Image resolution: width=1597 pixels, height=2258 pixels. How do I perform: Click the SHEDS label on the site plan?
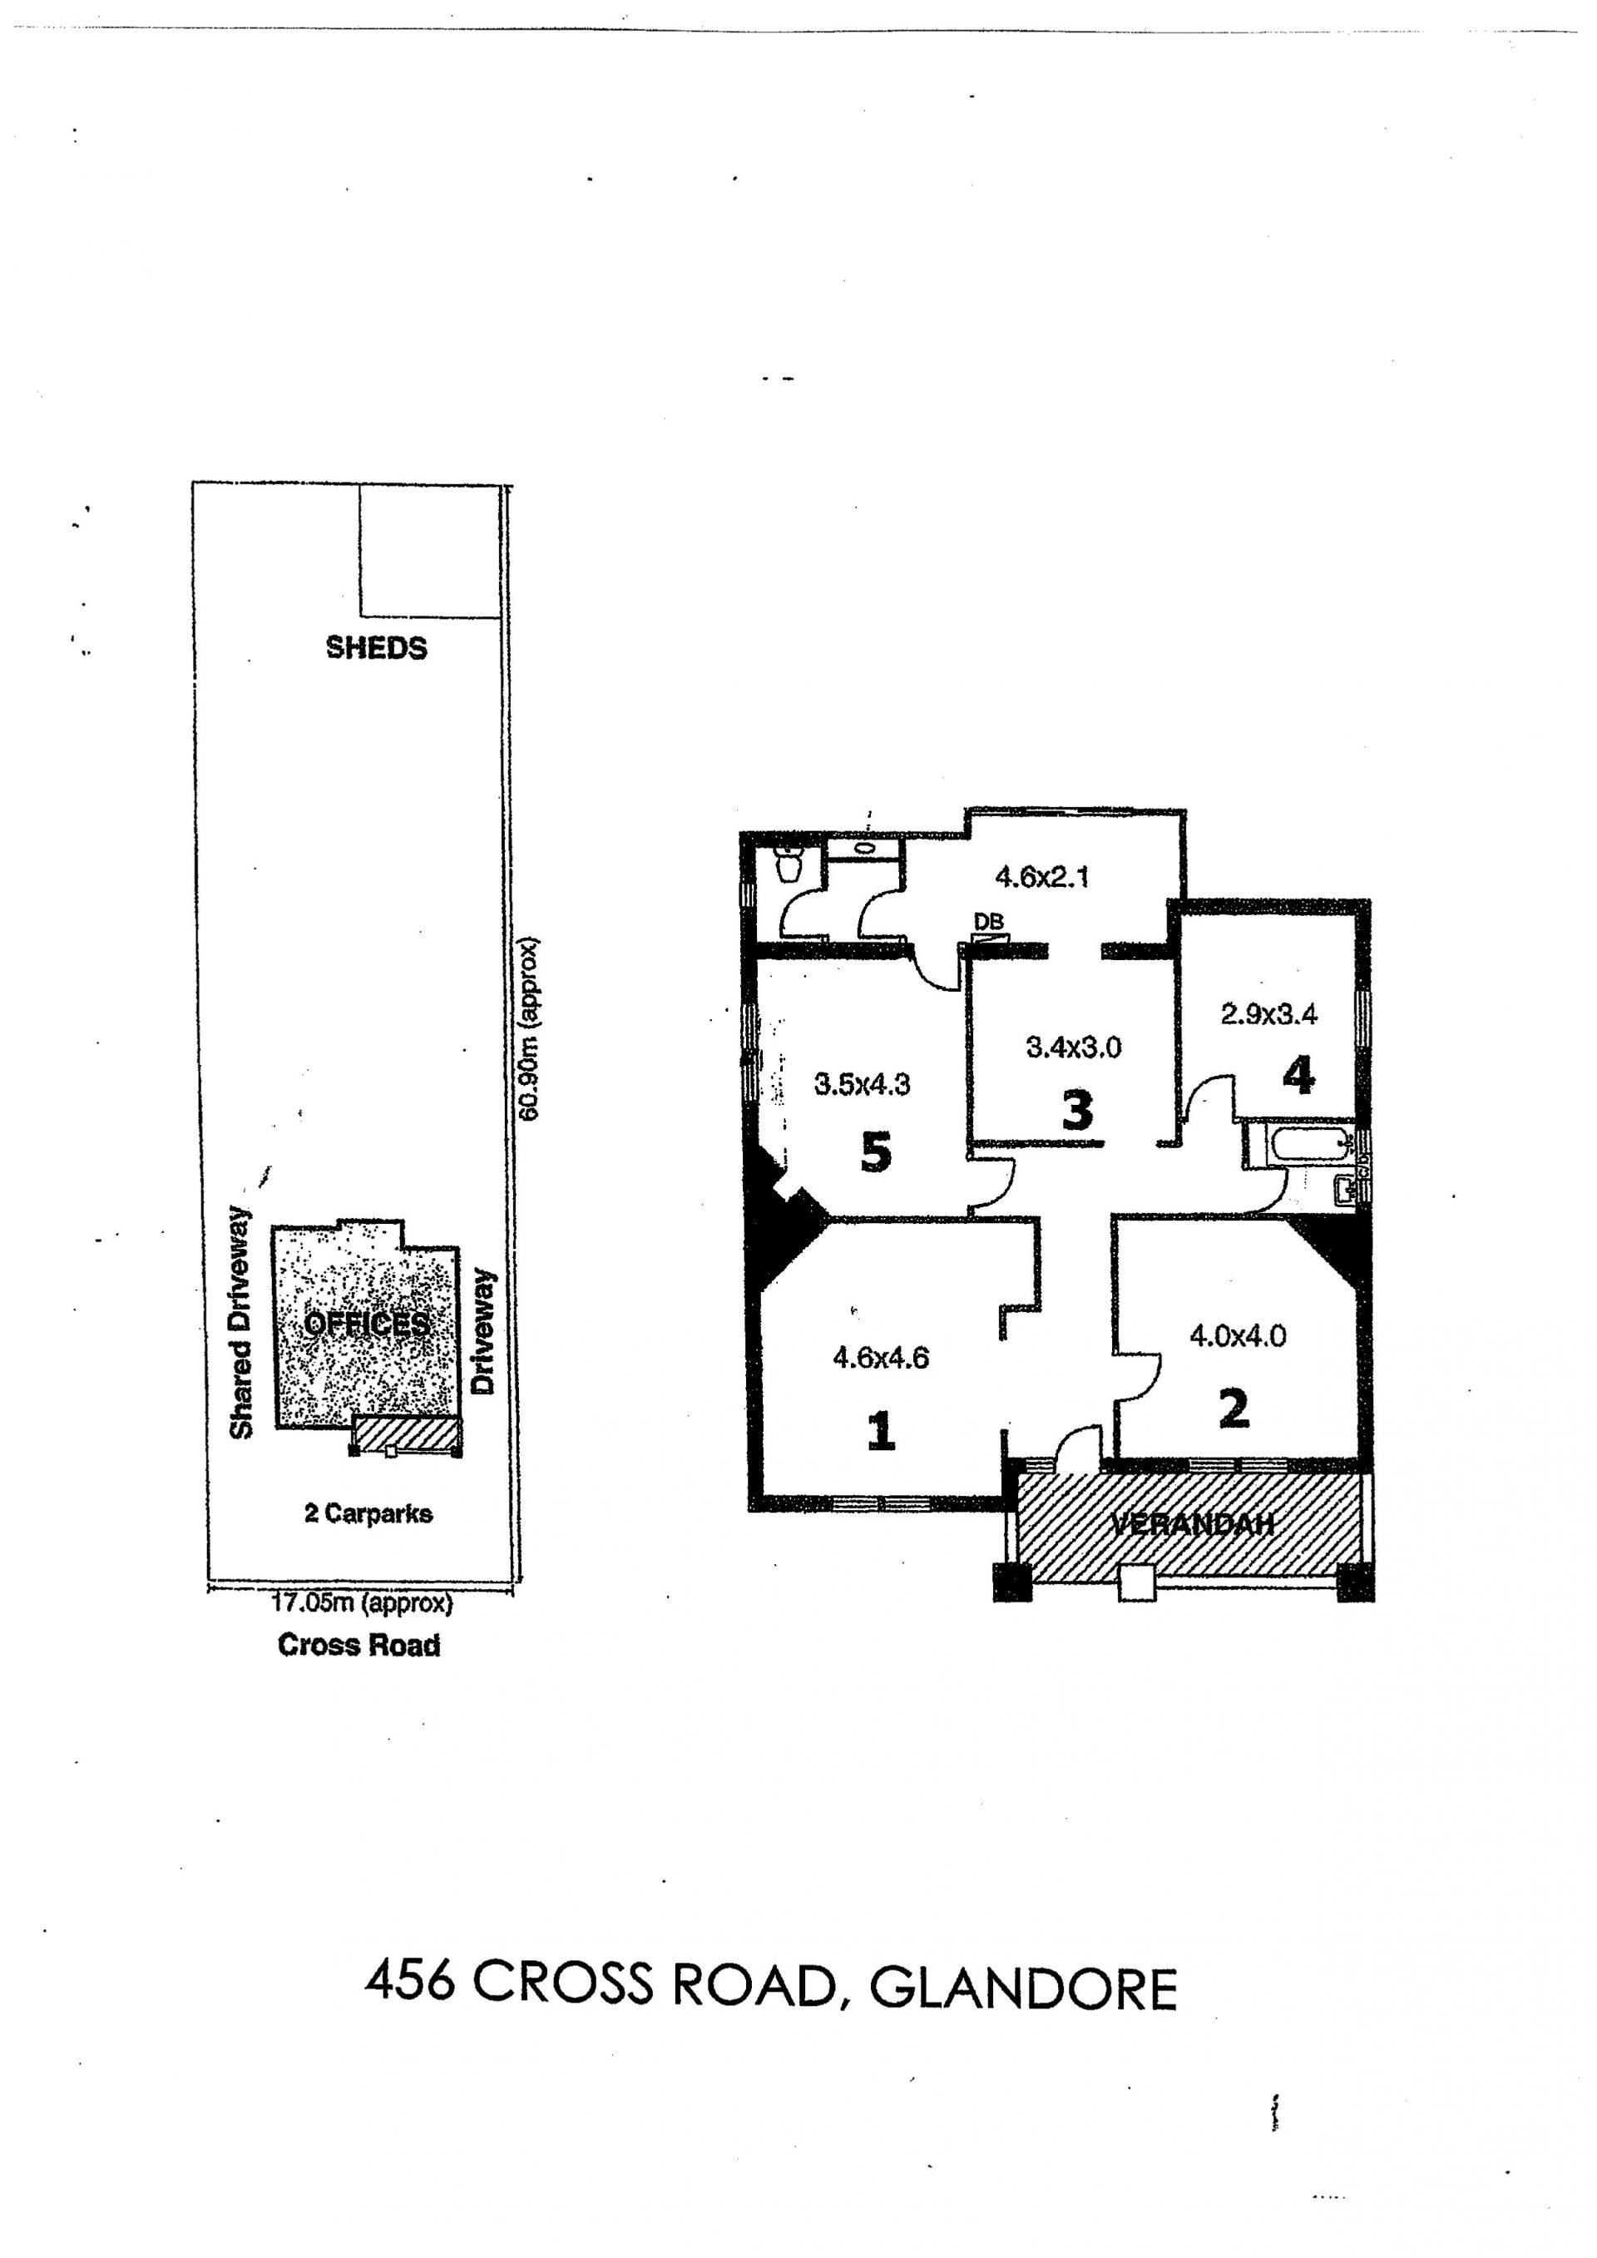coord(377,648)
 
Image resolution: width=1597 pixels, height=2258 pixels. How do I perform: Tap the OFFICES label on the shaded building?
coord(366,1324)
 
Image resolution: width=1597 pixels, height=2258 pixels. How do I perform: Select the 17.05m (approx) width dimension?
coord(362,1604)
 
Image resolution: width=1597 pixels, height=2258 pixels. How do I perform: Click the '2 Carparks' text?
coord(368,1513)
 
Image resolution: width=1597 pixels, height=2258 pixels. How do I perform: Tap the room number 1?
coord(881,1430)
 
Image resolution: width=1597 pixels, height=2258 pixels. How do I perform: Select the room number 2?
coord(1234,1409)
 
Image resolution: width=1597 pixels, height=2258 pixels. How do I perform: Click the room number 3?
coord(1078,1112)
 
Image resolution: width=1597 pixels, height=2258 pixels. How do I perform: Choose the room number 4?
coord(1298,1076)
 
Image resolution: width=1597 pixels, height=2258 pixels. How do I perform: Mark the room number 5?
coord(875,1151)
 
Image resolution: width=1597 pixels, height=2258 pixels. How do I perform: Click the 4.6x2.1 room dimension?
coord(1041,876)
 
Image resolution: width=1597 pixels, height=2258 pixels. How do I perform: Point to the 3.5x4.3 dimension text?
coord(863,1085)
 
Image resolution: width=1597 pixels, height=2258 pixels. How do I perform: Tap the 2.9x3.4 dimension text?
coord(1268,1014)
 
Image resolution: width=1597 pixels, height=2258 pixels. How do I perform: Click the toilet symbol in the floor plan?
coord(789,864)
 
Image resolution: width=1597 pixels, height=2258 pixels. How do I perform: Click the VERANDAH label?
coord(1192,1524)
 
